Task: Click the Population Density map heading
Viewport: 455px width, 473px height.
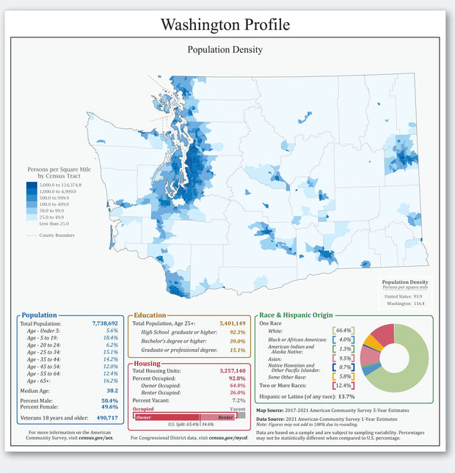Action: pos(225,50)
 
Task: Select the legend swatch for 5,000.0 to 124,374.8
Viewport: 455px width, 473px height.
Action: pos(32,185)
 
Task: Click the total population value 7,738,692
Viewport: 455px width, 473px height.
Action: pos(105,323)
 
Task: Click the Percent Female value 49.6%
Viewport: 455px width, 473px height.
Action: pos(109,407)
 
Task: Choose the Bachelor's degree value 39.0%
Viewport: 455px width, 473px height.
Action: pos(237,341)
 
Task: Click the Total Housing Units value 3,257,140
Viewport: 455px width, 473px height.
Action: pos(232,371)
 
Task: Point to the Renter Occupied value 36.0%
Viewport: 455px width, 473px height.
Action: pos(237,392)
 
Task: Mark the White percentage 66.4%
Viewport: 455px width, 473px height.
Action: pos(343,331)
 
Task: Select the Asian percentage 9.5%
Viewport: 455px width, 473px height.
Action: pos(343,359)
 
